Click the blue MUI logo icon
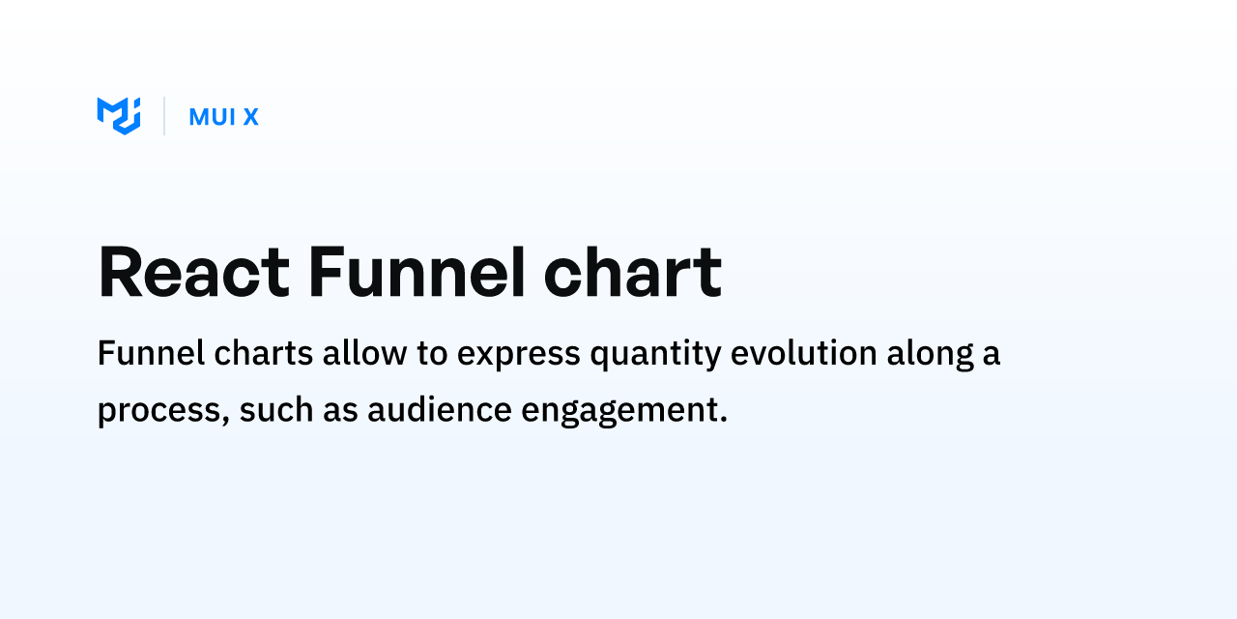[x=119, y=116]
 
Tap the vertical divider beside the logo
[x=164, y=116]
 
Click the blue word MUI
[x=213, y=117]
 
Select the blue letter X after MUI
[x=251, y=117]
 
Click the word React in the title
[x=194, y=272]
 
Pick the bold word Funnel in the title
[x=417, y=272]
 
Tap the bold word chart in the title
[x=633, y=272]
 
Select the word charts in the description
[x=264, y=353]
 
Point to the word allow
[x=365, y=353]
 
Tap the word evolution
[x=804, y=353]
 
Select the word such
[x=276, y=409]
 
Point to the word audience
[x=440, y=409]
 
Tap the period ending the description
[x=724, y=419]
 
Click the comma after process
[x=225, y=421]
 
